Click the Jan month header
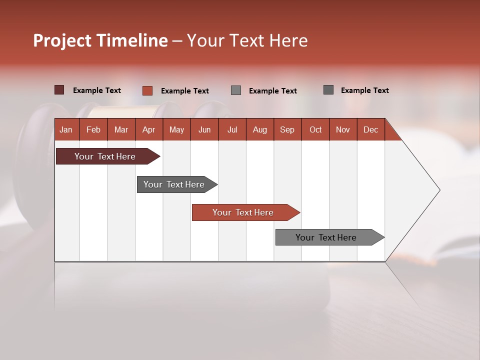[66, 129]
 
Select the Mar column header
[121, 129]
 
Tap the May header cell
[176, 129]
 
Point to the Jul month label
[232, 129]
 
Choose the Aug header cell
[259, 129]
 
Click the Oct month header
[315, 129]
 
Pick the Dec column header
[370, 129]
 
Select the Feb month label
[93, 129]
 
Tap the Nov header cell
[343, 129]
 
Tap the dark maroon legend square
[59, 90]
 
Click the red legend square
[147, 90]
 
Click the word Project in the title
[62, 40]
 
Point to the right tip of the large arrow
[438, 190]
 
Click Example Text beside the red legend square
[184, 91]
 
